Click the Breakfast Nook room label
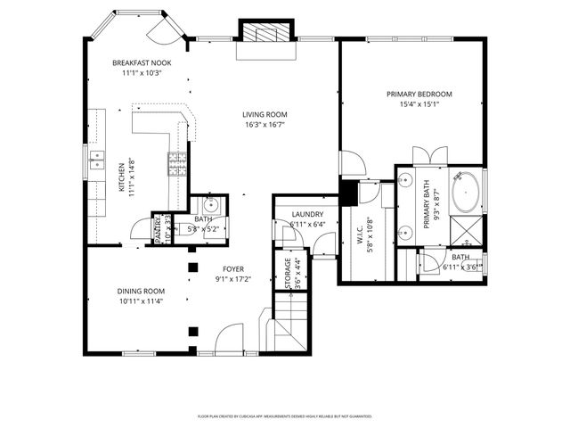(142, 63)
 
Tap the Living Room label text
(265, 114)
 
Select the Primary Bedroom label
(419, 94)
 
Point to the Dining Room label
(142, 291)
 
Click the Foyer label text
(233, 268)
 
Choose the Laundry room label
(307, 213)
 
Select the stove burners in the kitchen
(176, 165)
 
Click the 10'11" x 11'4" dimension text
(142, 301)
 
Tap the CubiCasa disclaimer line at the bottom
(285, 416)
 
